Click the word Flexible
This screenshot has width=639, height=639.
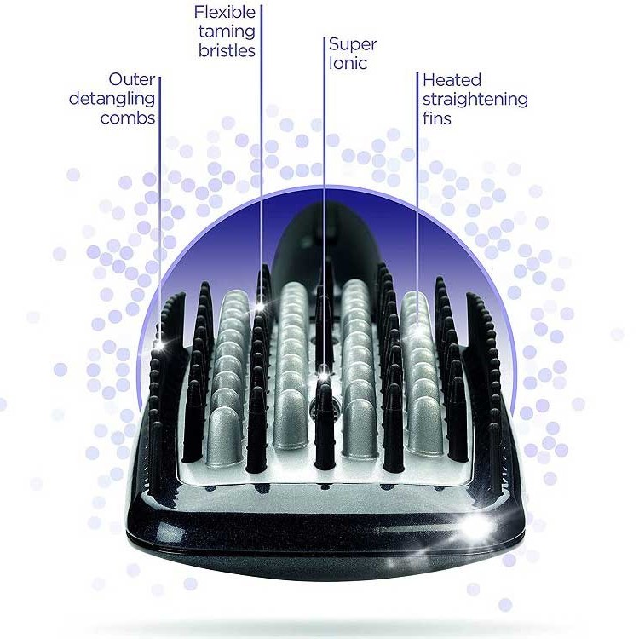coord(225,13)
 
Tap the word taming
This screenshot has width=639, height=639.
coord(225,32)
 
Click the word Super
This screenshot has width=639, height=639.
coord(352,44)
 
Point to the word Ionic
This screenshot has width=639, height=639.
coord(348,63)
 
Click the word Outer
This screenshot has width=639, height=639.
coord(132,81)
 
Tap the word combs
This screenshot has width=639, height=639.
coord(128,118)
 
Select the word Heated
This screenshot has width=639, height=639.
coord(452,80)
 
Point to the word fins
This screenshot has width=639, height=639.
coord(437,118)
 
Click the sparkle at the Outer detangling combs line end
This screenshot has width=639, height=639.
coord(158,344)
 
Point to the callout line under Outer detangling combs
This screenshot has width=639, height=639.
coord(159,213)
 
